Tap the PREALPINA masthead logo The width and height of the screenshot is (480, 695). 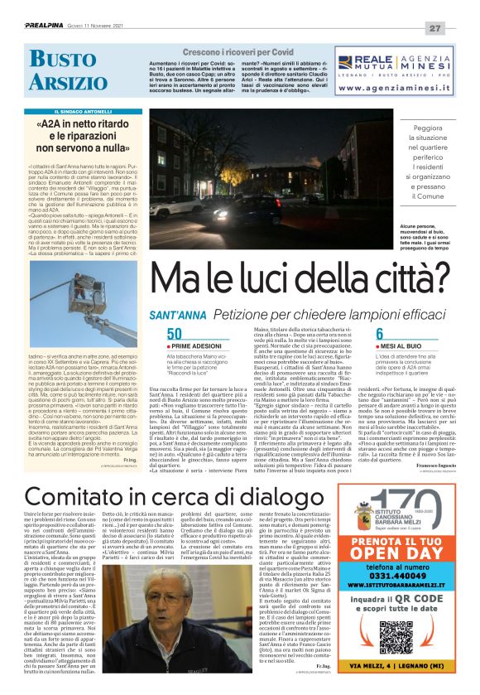click(x=39, y=27)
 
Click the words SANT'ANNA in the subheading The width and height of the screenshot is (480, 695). click(x=177, y=316)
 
